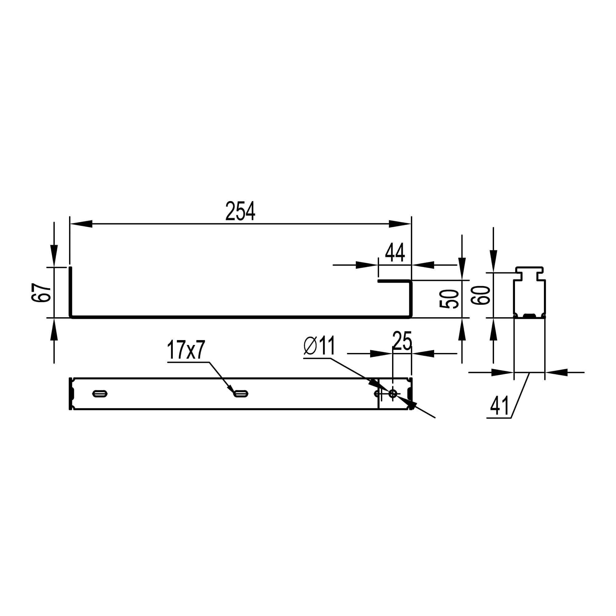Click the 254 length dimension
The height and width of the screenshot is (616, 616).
pyautogui.click(x=241, y=211)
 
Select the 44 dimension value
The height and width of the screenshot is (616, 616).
pyautogui.click(x=395, y=252)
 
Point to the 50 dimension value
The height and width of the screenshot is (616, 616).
pyautogui.click(x=449, y=299)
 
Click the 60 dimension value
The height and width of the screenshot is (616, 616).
pyautogui.click(x=480, y=296)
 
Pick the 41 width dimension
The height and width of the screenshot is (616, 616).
pyautogui.click(x=500, y=406)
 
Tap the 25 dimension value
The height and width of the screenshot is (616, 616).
pyautogui.click(x=402, y=341)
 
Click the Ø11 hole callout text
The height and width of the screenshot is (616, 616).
pyautogui.click(x=319, y=345)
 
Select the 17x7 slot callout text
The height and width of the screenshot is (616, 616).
pyautogui.click(x=186, y=349)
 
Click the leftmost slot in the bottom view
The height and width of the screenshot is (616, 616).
pyautogui.click(x=100, y=394)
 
